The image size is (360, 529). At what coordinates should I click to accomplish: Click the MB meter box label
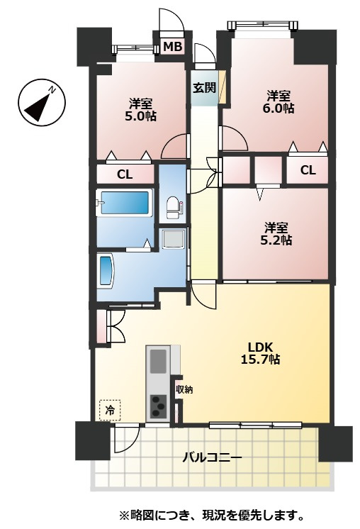173,47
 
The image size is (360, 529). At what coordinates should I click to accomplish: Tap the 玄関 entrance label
204,87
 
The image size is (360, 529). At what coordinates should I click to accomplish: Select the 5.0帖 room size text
140,116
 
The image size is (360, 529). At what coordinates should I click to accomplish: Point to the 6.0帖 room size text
278,108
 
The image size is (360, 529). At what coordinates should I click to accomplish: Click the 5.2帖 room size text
276,240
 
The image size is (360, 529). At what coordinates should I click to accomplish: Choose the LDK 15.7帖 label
260,353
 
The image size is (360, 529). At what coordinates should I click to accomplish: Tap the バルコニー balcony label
213,457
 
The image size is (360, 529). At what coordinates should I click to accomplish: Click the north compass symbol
42,103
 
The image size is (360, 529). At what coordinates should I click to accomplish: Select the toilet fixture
174,208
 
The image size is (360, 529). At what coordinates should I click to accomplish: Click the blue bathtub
125,202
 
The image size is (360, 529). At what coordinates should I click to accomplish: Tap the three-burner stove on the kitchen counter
158,406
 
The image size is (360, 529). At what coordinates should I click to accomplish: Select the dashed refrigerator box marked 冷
110,411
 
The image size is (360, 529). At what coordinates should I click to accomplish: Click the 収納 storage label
184,390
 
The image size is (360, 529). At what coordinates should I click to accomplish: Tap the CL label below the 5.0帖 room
125,174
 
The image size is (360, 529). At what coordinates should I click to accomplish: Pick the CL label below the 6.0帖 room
308,170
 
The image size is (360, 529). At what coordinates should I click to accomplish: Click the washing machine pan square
174,238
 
